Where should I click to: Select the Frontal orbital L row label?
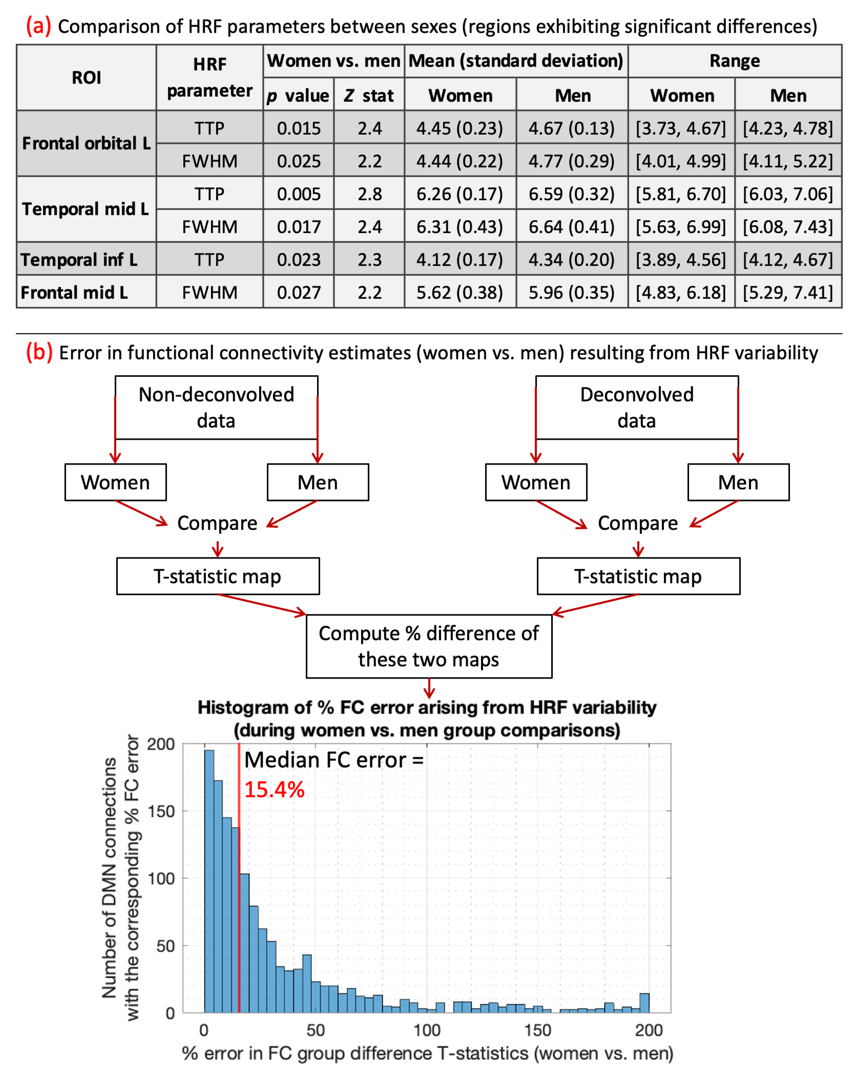tap(86, 143)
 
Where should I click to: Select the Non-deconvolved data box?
tap(216, 407)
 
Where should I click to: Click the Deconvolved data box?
tap(637, 407)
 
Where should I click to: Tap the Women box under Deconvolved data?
tap(536, 482)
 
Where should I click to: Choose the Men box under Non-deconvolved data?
tap(318, 482)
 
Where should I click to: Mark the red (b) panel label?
tap(39, 352)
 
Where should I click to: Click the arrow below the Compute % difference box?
tap(429, 689)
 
